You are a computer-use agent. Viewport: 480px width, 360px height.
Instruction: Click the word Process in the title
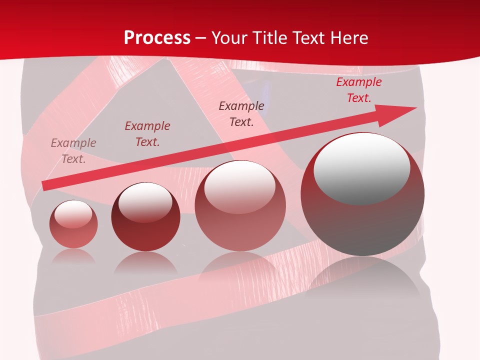click(x=157, y=38)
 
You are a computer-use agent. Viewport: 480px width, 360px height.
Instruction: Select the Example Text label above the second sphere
click(x=147, y=134)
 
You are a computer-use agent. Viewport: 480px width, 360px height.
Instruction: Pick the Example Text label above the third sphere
click(x=241, y=114)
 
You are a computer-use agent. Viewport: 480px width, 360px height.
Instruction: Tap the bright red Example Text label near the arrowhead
click(x=358, y=90)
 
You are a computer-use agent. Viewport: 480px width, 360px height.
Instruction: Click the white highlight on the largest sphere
click(x=361, y=167)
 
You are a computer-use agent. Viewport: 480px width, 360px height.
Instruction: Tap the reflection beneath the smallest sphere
click(x=73, y=256)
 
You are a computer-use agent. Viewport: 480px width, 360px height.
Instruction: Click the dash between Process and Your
click(x=201, y=38)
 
